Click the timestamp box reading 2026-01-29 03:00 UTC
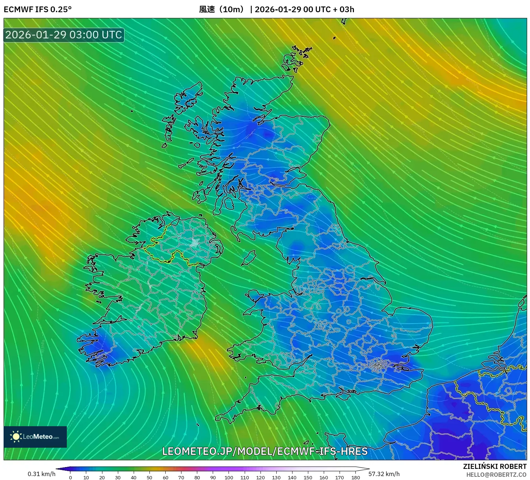click(64, 35)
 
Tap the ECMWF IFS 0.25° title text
click(38, 9)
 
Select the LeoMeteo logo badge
click(35, 437)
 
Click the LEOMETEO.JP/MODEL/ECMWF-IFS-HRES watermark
click(265, 451)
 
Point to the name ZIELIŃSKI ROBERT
click(494, 466)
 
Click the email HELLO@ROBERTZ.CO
click(496, 475)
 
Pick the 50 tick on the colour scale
click(149, 477)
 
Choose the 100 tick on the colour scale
click(229, 477)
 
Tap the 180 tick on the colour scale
click(355, 477)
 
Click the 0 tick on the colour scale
click(70, 477)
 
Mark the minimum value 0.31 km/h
click(42, 474)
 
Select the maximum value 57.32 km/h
click(384, 474)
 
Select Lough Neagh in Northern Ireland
click(195, 243)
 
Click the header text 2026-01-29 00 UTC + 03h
click(304, 9)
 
